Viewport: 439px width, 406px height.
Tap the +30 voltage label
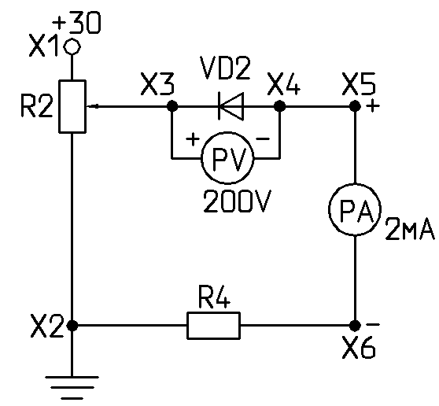point(76,24)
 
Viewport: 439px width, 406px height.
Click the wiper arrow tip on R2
point(87,106)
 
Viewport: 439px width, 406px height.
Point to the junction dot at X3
point(172,106)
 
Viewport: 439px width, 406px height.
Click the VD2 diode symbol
point(231,106)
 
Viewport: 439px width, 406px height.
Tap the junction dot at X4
point(279,106)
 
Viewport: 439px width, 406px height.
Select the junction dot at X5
point(355,106)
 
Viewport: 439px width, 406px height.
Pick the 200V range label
point(238,201)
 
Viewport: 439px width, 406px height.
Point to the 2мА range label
point(410,229)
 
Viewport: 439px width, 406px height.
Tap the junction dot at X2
point(72,326)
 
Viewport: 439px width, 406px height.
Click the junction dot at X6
point(355,326)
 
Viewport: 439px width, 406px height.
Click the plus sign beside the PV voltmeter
point(193,139)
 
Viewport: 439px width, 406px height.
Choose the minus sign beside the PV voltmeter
point(264,138)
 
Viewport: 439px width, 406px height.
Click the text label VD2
point(225,68)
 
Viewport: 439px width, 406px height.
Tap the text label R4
point(214,297)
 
